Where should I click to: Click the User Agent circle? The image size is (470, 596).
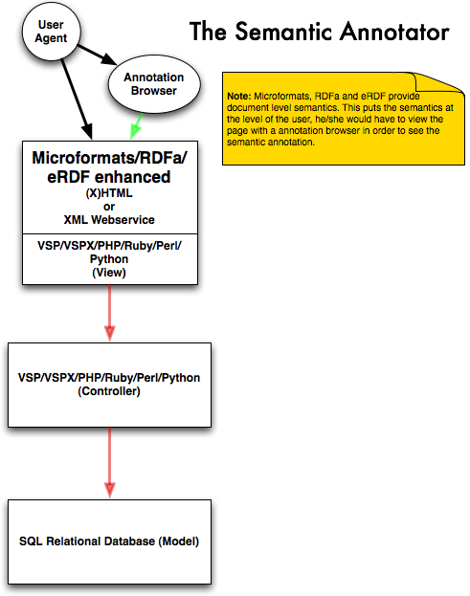52,32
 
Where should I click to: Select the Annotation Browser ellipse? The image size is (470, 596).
154,84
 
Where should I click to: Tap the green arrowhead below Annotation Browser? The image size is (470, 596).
135,131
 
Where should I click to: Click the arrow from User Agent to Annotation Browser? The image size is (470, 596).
97,55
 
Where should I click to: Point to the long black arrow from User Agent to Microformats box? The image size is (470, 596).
77,99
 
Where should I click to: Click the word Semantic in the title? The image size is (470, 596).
283,32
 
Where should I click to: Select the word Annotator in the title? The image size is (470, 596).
394,32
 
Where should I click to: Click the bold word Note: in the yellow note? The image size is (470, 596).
239,97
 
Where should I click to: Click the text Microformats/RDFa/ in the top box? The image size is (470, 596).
109,158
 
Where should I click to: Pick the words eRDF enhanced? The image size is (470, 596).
109,177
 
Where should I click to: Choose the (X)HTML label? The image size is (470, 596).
109,193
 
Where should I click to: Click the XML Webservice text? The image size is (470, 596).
109,220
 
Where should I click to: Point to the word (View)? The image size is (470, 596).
109,272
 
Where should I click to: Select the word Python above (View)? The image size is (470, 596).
109,259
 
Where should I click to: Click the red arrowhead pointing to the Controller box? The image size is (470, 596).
109,333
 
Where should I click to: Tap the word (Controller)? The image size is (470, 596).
109,391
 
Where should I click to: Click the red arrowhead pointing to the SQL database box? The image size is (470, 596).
109,490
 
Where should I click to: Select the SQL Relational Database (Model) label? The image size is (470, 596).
109,541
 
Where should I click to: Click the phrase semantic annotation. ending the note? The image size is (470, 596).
271,143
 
